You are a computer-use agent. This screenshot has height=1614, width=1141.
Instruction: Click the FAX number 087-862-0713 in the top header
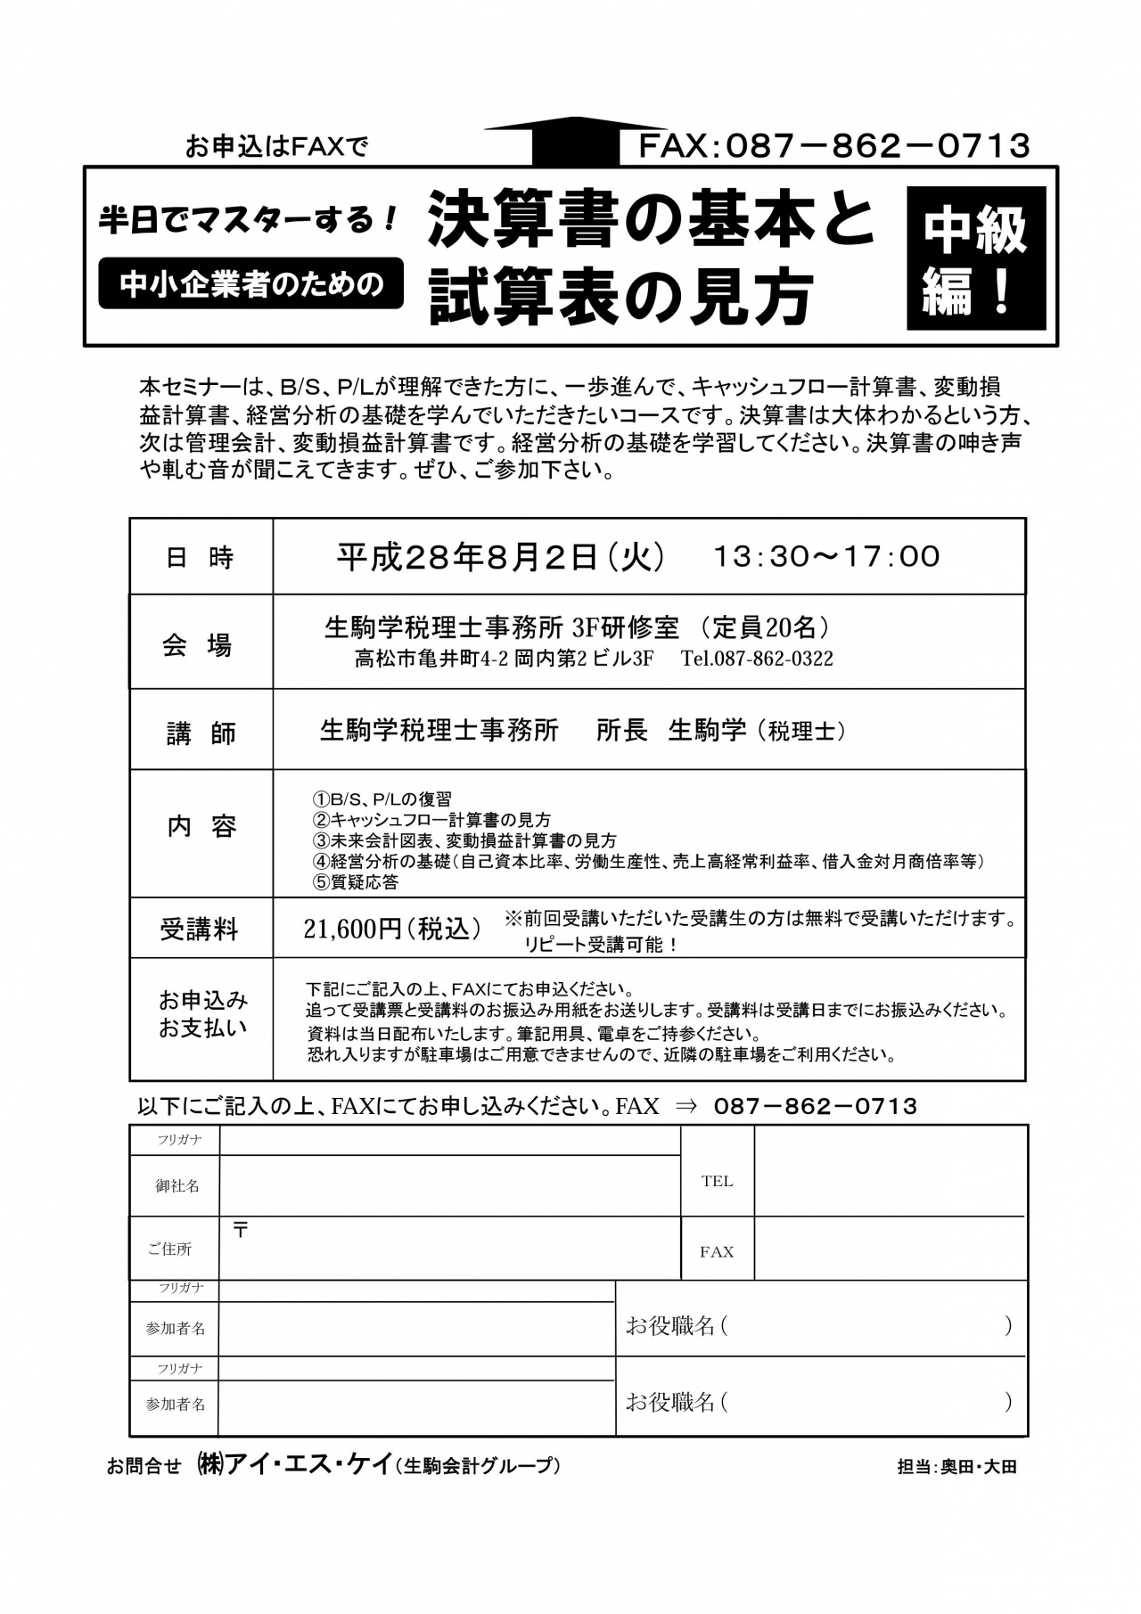click(x=833, y=145)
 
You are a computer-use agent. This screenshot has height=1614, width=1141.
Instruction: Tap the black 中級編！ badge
click(x=975, y=258)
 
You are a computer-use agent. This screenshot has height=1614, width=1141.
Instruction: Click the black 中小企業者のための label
click(x=250, y=283)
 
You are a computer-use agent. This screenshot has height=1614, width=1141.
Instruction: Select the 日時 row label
click(x=201, y=557)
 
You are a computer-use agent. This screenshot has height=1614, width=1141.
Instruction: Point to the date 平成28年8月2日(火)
click(x=500, y=557)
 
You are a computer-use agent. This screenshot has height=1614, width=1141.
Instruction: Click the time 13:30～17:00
click(x=826, y=557)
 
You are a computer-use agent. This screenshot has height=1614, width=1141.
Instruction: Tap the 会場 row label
click(x=198, y=644)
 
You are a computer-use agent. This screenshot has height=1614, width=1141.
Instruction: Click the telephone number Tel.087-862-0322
click(x=757, y=660)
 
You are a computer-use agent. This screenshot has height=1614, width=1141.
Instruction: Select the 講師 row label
click(x=201, y=733)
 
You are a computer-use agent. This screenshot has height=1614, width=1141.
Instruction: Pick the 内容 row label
click(x=201, y=827)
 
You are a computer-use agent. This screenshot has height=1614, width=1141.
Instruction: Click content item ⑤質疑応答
click(x=355, y=882)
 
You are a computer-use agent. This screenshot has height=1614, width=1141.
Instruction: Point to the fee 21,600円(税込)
click(x=392, y=929)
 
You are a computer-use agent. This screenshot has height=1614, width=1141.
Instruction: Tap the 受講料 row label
click(x=200, y=930)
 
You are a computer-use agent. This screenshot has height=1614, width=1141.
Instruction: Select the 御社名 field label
click(x=177, y=1186)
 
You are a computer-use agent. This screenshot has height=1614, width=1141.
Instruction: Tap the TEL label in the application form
click(x=717, y=1182)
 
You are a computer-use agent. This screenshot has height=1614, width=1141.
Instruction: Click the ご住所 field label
click(x=169, y=1249)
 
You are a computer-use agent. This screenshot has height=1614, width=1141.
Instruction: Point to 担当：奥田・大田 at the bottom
click(x=956, y=1466)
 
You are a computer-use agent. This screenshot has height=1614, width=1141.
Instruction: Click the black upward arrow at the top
click(x=576, y=140)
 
